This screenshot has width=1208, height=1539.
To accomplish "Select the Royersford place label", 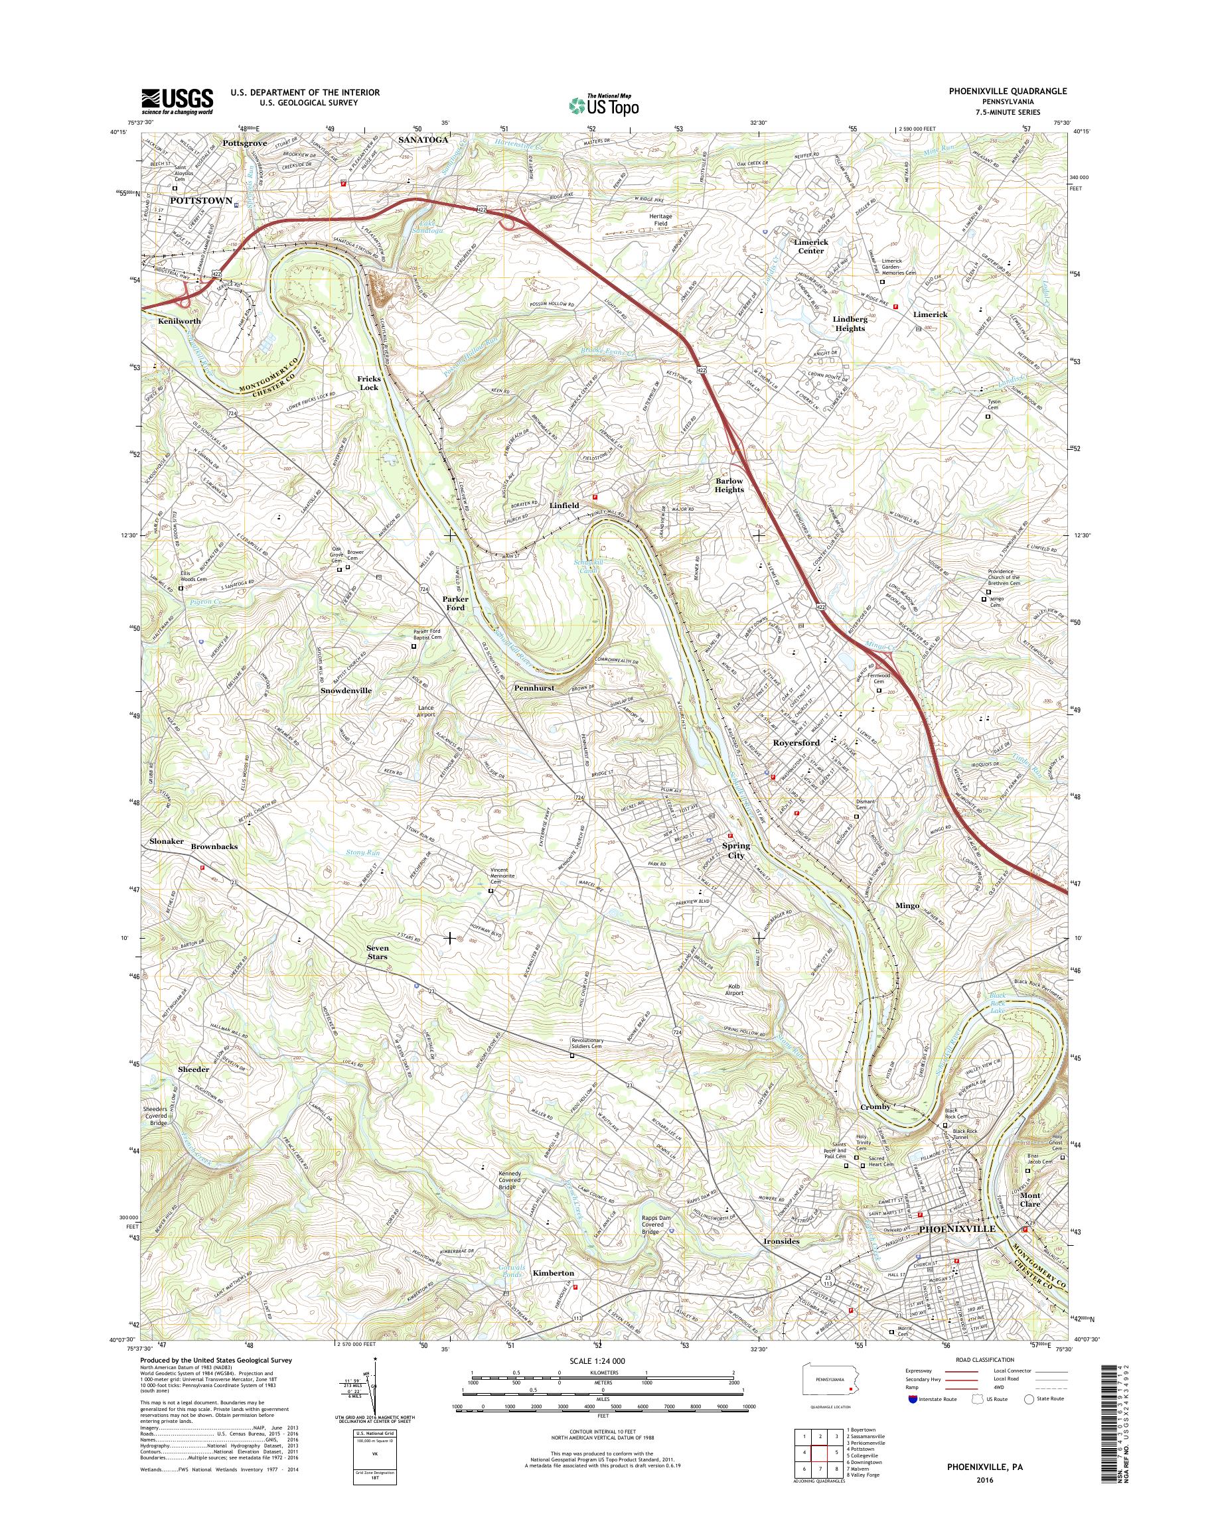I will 796,743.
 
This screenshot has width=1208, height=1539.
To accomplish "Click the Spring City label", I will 735,850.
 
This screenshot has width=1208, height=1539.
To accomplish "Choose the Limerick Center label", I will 810,246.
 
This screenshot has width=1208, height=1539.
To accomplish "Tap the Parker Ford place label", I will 455,603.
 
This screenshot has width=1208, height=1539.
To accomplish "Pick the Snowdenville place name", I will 346,690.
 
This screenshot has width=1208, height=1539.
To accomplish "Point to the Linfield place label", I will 564,505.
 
